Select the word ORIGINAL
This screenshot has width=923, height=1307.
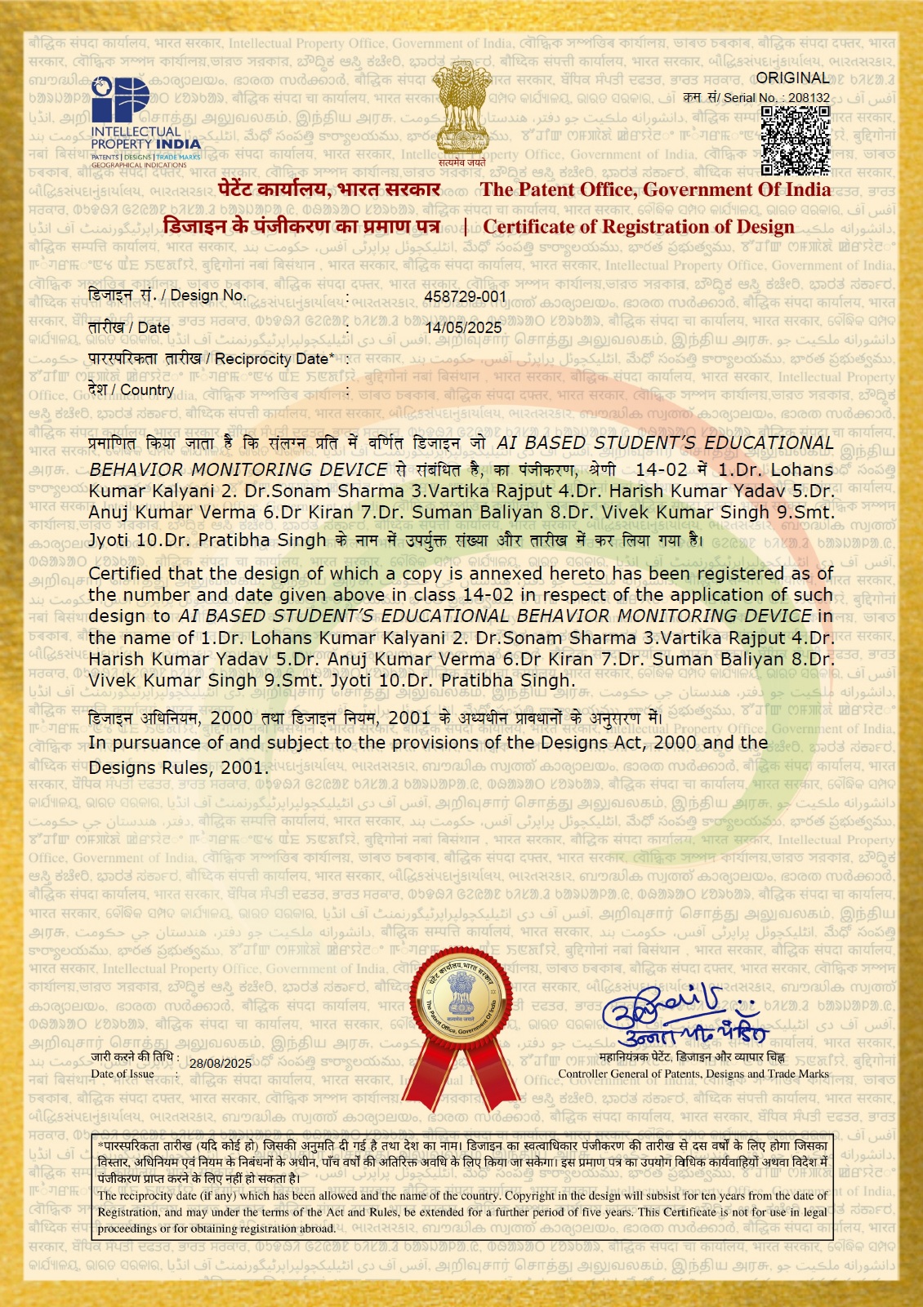(x=792, y=78)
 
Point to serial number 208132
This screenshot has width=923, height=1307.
(x=809, y=98)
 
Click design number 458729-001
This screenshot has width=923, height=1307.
(x=465, y=296)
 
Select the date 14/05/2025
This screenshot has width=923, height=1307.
(x=463, y=327)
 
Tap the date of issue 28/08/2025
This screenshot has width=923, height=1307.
(x=221, y=1063)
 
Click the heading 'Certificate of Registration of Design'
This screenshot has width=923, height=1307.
(x=639, y=227)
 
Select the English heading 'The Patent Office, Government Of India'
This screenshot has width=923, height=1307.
(x=655, y=189)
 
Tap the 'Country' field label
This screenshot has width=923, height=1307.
(x=147, y=390)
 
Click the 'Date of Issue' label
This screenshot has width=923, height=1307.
(x=123, y=1074)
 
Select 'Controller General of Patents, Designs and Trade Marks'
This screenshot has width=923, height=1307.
(x=693, y=1074)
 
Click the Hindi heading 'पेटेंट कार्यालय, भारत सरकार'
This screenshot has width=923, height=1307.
(x=329, y=189)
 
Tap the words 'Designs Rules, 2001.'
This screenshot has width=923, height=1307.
(x=178, y=767)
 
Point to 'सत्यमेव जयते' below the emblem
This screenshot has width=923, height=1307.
(x=461, y=162)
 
